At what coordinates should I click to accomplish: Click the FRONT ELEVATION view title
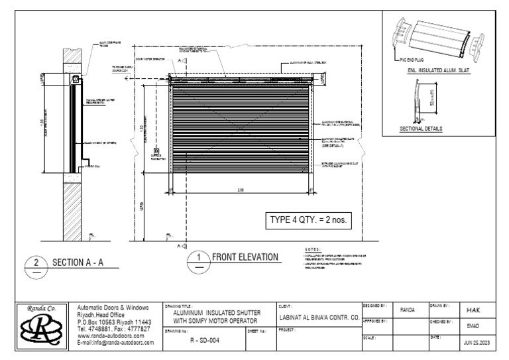click(x=245, y=257)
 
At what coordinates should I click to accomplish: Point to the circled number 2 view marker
click(x=36, y=263)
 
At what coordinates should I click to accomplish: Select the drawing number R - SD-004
click(x=201, y=339)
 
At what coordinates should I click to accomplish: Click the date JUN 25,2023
click(x=477, y=343)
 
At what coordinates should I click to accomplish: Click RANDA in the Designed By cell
click(x=409, y=310)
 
